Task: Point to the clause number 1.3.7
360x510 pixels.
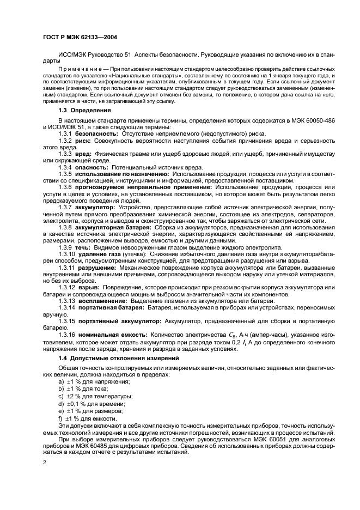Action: point(65,208)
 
